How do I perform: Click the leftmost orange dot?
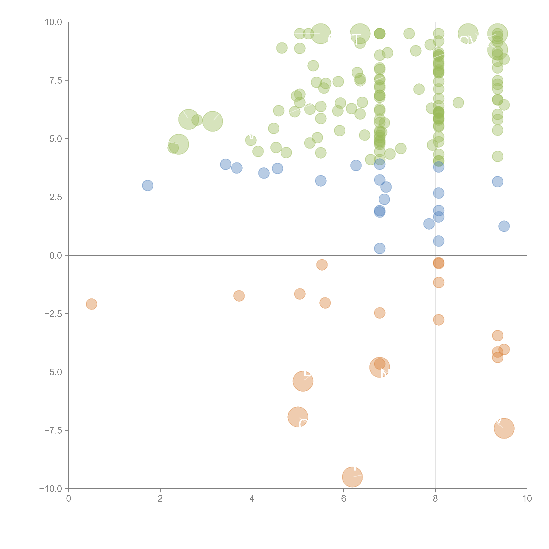click(91, 304)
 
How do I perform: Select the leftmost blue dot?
click(147, 186)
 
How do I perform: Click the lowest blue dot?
click(380, 248)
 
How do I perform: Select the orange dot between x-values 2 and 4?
click(239, 296)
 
